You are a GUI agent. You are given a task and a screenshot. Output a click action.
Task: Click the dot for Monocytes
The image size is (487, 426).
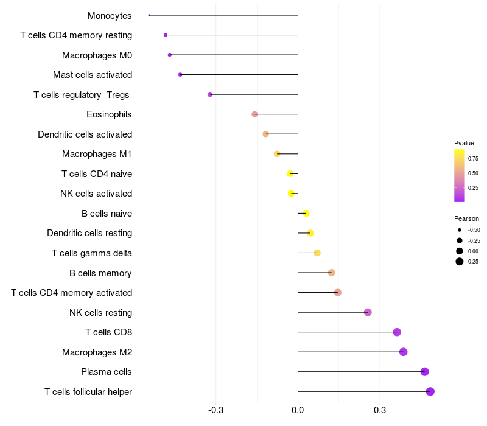tap(149, 15)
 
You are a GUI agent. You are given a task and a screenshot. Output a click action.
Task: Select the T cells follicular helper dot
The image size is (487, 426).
tap(430, 391)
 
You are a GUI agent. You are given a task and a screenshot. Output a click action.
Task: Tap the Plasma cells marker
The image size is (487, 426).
tap(424, 372)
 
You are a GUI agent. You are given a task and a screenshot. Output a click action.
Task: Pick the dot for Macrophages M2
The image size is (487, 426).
tap(403, 352)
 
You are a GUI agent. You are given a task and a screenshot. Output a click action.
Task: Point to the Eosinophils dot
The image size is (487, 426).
tap(254, 114)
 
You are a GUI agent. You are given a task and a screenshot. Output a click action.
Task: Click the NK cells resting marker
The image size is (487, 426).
tap(368, 312)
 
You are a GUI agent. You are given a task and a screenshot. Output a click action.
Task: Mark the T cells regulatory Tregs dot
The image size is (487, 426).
tap(210, 94)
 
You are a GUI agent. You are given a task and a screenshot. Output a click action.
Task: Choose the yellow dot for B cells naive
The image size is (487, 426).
tap(306, 213)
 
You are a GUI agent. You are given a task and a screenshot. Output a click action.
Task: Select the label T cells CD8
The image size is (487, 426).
tap(108, 332)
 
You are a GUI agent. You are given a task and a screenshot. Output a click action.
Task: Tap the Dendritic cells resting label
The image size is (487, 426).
tap(89, 233)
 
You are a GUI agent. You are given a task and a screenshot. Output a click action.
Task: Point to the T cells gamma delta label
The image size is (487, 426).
tap(92, 253)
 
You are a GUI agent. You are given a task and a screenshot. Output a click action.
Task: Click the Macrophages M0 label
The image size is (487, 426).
tap(97, 55)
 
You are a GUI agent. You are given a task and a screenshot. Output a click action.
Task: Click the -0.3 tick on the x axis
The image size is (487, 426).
tap(215, 410)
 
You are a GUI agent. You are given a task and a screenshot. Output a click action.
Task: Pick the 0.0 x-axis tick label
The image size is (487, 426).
tap(298, 410)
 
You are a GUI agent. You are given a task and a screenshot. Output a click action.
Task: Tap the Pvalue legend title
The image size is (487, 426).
tap(464, 143)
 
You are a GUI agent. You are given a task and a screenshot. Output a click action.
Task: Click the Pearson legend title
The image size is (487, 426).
tap(466, 218)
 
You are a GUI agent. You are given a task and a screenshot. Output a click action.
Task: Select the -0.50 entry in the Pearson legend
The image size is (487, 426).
tap(474, 230)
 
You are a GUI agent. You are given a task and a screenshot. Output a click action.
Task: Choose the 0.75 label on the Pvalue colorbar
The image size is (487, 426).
tap(473, 158)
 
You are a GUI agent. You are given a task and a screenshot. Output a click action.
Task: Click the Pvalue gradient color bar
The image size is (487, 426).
tap(460, 175)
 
